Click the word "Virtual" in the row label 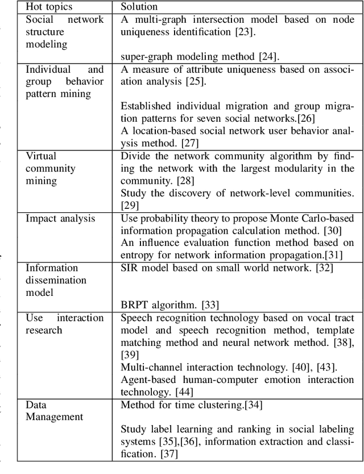(x=41, y=156)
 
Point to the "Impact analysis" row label (x=60, y=219)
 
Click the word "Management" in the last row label (x=54, y=417)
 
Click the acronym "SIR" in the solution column (x=130, y=267)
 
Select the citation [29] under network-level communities (x=129, y=205)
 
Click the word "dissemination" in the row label (x=56, y=280)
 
